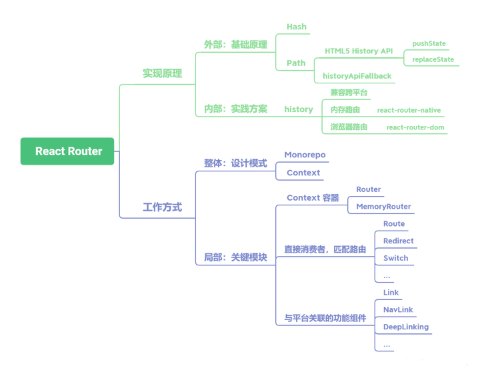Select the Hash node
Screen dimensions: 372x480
coord(296,27)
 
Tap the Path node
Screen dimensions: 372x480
coord(296,63)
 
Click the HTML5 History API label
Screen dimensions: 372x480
coord(359,51)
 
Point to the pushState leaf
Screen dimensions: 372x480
coord(429,44)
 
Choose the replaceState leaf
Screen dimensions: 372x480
coord(433,59)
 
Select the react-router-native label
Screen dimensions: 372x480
coord(409,109)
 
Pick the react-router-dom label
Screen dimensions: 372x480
coord(415,127)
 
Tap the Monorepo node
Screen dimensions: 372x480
coord(305,155)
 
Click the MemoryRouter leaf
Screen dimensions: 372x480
coord(383,206)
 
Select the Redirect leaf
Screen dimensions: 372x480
coord(398,240)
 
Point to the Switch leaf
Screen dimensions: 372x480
coord(395,257)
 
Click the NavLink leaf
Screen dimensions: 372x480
coord(397,309)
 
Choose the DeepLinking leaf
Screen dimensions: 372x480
coord(405,327)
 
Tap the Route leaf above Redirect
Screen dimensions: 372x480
coord(393,223)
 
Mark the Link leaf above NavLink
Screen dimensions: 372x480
coord(390,292)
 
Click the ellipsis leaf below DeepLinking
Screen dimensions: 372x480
coord(386,345)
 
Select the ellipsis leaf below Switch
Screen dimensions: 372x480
coord(386,275)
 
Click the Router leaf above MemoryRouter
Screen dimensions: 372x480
coord(368,189)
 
